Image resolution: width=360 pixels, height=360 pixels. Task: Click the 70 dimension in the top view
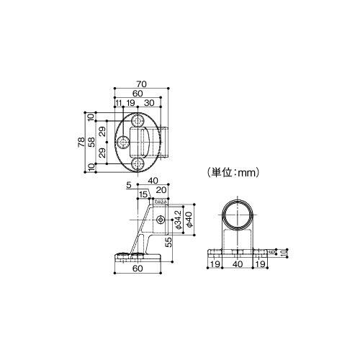[140, 84]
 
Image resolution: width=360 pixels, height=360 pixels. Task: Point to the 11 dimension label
[118, 104]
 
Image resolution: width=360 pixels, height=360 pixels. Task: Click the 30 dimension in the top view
[149, 104]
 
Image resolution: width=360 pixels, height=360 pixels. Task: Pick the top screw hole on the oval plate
[137, 120]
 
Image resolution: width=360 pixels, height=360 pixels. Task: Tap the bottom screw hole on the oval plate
[137, 164]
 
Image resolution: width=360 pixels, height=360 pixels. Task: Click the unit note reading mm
[233, 172]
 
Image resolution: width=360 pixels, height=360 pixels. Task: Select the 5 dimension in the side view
[127, 185]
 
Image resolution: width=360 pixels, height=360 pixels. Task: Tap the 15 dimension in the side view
[143, 194]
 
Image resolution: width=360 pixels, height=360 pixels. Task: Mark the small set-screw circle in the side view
[160, 219]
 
